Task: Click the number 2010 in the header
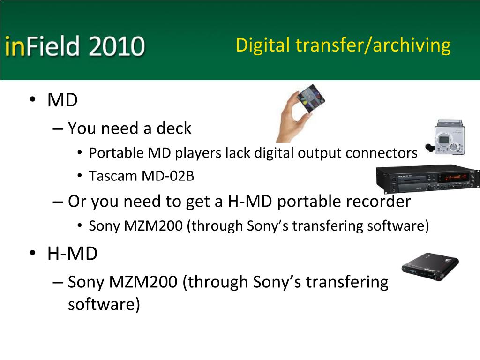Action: pos(117,46)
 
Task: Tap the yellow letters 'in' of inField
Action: pos(15,46)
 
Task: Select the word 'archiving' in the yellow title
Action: pos(412,46)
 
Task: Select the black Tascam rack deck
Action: pos(427,179)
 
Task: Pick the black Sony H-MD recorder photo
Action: pos(430,266)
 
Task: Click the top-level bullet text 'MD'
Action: pos(62,100)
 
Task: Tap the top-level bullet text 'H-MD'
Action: pos(73,254)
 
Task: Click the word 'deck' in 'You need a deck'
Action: pos(174,128)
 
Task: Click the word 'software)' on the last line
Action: pos(104,305)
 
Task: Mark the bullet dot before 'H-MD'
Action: pos(33,253)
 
